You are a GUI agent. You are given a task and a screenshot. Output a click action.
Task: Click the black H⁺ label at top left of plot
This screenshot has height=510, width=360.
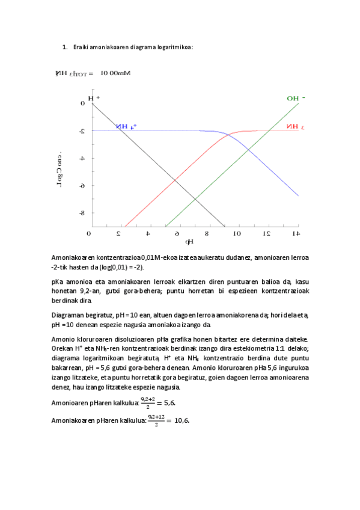pyautogui.click(x=94, y=98)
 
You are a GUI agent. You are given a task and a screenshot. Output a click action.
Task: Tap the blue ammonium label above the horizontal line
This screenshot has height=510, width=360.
pyautogui.click(x=126, y=126)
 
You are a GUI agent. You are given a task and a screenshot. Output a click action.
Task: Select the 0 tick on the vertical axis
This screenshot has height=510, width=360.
pyautogui.click(x=83, y=103)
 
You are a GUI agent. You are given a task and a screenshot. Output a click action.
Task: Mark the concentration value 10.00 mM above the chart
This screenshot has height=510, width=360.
pyautogui.click(x=115, y=73)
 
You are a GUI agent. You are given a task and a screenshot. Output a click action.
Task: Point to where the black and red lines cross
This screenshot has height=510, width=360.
pyautogui.click(x=175, y=180)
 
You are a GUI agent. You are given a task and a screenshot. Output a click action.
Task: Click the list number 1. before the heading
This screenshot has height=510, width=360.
pyautogui.click(x=65, y=48)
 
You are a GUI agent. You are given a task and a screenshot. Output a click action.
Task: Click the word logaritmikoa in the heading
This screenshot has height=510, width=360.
pyautogui.click(x=174, y=48)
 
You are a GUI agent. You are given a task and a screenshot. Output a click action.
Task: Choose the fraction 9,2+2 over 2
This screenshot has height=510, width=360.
pyautogui.click(x=147, y=402)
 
